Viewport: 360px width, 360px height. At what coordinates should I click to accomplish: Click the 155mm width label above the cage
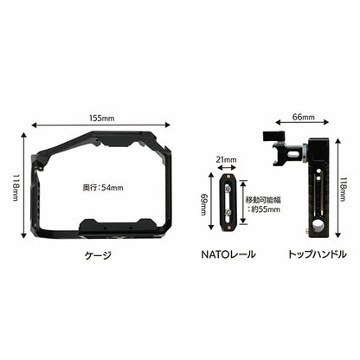(x=101, y=115)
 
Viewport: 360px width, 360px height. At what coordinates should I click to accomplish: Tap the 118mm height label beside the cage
(x=15, y=184)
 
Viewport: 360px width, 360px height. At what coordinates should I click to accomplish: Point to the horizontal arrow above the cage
(x=101, y=124)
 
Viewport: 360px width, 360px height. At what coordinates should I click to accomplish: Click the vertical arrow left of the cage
(x=24, y=184)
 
